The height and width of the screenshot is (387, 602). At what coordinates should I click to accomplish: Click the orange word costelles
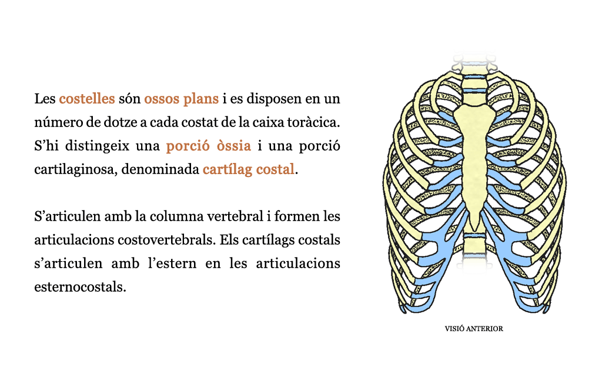(x=87, y=99)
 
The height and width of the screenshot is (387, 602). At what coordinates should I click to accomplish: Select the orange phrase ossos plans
(x=181, y=99)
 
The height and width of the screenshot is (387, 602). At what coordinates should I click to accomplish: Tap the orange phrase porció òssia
(x=209, y=146)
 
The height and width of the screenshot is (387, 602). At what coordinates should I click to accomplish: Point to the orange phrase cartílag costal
(x=249, y=169)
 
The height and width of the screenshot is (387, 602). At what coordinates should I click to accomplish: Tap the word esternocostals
(x=80, y=287)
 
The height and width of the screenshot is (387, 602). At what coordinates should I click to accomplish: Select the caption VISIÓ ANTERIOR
(x=474, y=329)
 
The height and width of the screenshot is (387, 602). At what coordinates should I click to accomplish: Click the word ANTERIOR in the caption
(x=484, y=329)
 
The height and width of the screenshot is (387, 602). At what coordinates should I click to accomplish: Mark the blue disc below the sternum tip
(x=474, y=236)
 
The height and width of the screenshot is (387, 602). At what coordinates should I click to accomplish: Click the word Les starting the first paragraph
(x=45, y=99)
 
